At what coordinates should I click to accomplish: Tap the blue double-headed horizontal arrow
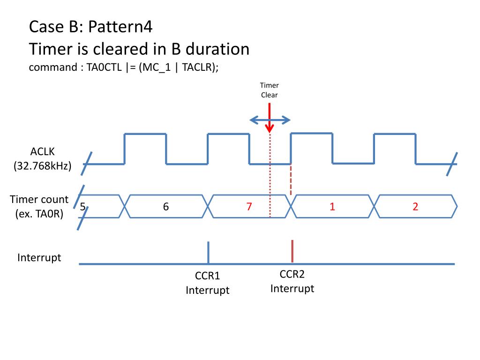[x=270, y=120]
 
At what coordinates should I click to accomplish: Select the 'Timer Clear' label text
[x=270, y=90]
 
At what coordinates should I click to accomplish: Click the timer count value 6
[x=166, y=206]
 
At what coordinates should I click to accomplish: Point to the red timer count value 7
[x=249, y=206]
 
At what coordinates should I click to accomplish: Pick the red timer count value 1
[x=332, y=206]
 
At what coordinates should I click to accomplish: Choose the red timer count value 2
[x=415, y=206]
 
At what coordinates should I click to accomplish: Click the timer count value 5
[x=82, y=206]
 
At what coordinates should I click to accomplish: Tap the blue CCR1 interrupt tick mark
[x=208, y=252]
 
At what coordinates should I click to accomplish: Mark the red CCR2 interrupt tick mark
[x=292, y=251]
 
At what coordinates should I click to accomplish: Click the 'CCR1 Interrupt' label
[x=208, y=283]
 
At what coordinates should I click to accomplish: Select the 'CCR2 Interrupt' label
[x=292, y=281]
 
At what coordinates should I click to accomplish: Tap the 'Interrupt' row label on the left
[x=39, y=258]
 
